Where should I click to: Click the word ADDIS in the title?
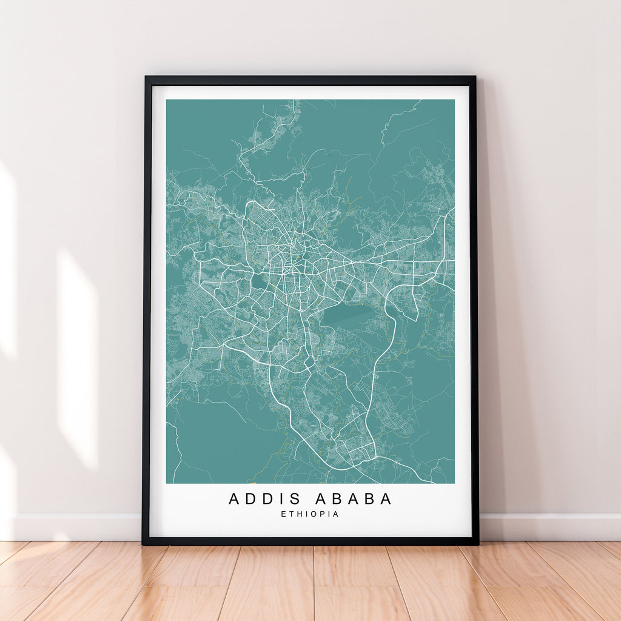coord(265,498)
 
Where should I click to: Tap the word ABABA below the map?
coord(354,498)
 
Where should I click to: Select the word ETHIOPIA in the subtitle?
coord(310,514)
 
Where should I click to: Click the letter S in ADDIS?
coord(295,498)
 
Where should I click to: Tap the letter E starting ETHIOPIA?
coord(283,514)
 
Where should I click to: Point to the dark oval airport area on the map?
coord(347,315)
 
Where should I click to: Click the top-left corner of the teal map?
coord(167,100)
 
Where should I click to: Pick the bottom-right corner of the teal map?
coord(454,483)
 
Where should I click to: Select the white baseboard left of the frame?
coord(73,526)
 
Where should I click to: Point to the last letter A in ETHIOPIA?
coord(335,514)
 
